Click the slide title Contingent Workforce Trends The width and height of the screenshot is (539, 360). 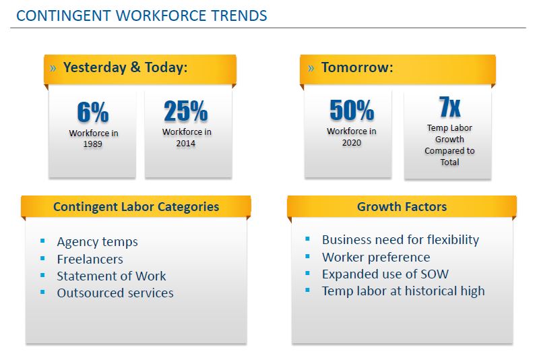(x=141, y=16)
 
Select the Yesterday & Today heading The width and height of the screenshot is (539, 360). (x=125, y=67)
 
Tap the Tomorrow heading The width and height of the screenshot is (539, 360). (x=357, y=67)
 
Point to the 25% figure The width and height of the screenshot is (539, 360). (x=186, y=111)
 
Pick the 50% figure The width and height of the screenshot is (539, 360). (x=351, y=110)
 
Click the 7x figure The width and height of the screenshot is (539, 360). (x=450, y=107)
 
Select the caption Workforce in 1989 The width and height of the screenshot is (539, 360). (x=94, y=139)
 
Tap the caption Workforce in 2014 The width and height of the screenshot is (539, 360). (x=187, y=138)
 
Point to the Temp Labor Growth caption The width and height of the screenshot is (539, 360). (x=450, y=145)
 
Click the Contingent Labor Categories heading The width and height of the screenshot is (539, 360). (x=136, y=207)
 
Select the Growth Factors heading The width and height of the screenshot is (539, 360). (x=402, y=207)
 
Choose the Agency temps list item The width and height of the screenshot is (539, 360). (x=97, y=242)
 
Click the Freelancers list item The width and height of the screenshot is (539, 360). (x=90, y=259)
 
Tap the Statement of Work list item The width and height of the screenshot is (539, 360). (x=111, y=276)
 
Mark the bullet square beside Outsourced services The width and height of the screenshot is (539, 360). (x=42, y=292)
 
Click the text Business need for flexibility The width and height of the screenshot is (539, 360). (x=400, y=240)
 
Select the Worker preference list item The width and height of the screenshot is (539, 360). (x=376, y=257)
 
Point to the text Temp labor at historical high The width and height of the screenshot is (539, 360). (x=403, y=291)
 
